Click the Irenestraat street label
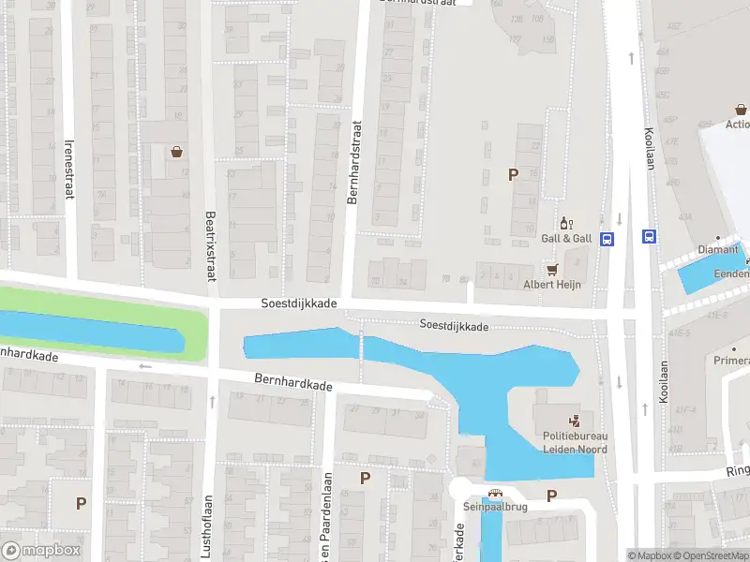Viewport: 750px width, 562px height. point(68,169)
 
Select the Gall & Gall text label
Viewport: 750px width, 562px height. point(566,238)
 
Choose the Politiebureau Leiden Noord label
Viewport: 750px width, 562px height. point(575,442)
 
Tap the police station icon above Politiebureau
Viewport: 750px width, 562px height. point(575,421)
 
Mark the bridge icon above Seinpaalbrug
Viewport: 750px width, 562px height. point(495,494)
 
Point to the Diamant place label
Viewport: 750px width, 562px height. point(719,250)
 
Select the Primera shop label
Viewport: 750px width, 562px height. point(733,361)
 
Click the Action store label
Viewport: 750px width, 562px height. point(737,124)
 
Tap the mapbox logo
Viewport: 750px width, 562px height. point(41,551)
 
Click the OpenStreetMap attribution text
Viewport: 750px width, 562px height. point(713,555)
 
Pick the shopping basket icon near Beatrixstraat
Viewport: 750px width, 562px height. point(175,152)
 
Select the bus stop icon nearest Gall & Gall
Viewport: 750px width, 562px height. point(607,238)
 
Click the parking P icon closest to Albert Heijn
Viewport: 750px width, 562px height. point(513,174)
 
